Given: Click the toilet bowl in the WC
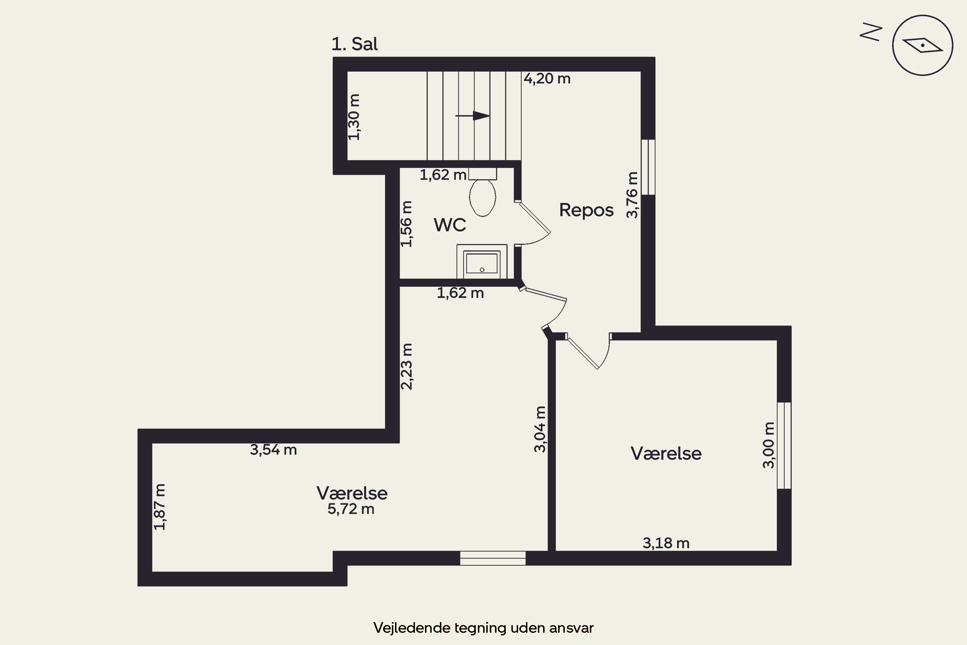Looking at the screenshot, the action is [x=482, y=197].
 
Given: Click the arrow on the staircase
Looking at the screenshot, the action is [x=473, y=116].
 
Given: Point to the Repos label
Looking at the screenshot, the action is [x=586, y=210].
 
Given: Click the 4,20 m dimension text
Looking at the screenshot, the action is [x=547, y=79].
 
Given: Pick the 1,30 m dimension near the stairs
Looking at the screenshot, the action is [x=354, y=117].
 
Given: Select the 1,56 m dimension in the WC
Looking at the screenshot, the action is [x=406, y=224].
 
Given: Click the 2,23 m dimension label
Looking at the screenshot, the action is [x=406, y=366].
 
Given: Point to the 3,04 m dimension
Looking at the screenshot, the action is [x=540, y=429].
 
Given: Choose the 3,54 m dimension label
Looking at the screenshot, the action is [x=273, y=450].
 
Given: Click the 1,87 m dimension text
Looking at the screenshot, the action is [x=160, y=507].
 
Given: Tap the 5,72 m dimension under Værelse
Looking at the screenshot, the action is [x=351, y=509].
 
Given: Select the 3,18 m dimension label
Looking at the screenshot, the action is [x=666, y=543].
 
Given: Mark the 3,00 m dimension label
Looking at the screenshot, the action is [x=768, y=445].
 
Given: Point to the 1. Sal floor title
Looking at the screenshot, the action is [x=354, y=44].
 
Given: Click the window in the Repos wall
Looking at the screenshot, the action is [x=648, y=167].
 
